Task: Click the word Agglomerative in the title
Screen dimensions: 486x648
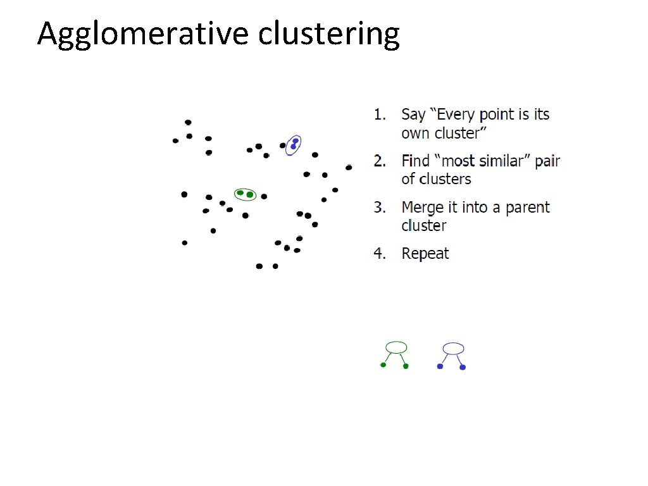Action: [x=144, y=34]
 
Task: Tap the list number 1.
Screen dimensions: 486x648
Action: [x=378, y=115]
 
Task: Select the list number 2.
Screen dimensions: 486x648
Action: [x=378, y=161]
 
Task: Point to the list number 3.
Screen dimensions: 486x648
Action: [x=378, y=208]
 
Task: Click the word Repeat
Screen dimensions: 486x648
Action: [x=425, y=254]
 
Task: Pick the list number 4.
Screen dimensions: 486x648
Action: [x=378, y=254]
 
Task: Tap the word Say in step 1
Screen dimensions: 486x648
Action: [x=413, y=115]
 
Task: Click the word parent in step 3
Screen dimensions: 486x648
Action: [x=525, y=208]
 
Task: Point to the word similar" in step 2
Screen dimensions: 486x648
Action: [x=504, y=161]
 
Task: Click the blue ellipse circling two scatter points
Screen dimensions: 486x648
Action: [x=293, y=145]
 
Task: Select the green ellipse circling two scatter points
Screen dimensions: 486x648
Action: [x=245, y=194]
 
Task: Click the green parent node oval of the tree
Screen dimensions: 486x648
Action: [x=396, y=347]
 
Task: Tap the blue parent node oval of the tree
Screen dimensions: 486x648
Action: [x=453, y=348]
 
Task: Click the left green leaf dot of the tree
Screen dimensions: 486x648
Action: [x=383, y=364]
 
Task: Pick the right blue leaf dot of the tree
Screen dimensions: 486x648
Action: [x=463, y=367]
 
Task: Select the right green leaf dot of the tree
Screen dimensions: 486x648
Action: [x=406, y=366]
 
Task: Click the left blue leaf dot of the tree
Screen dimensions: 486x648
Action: [x=440, y=366]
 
